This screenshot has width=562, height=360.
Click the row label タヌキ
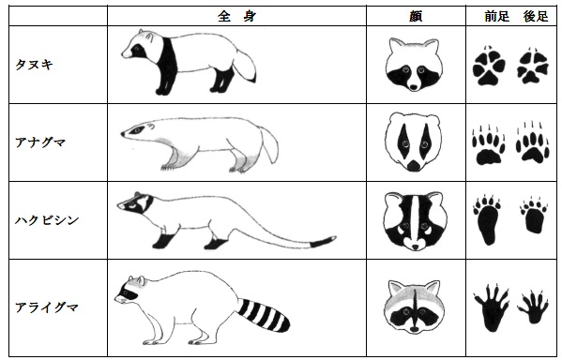pos(34,65)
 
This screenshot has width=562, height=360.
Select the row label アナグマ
pos(40,142)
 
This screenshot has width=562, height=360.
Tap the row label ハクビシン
pos(47,220)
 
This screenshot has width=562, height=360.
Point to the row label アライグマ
pos(47,307)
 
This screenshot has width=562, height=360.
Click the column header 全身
pos(236,16)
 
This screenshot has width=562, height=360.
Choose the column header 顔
pos(416,16)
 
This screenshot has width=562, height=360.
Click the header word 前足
pos(496,16)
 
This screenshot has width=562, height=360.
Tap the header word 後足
pos(536,16)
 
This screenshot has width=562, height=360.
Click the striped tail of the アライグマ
pos(263,315)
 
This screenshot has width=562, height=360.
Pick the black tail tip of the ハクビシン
pos(323,242)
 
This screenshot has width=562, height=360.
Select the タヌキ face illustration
pos(414,65)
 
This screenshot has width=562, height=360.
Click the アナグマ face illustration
pos(413,142)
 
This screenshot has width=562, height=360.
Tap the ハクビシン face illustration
pos(415,221)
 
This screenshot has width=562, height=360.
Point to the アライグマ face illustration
pos(415,307)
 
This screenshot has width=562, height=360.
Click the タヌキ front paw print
pos(489,67)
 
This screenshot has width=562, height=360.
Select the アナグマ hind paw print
pos(532,143)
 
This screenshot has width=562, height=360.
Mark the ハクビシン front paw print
pos(487,220)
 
